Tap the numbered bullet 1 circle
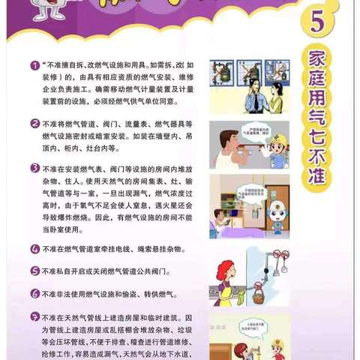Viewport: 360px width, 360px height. pyautogui.click(x=35, y=65)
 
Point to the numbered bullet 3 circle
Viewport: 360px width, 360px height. pyautogui.click(x=35, y=169)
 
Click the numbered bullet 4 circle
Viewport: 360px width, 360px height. pyautogui.click(x=35, y=248)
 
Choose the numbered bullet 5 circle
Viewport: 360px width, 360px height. pyautogui.click(x=35, y=271)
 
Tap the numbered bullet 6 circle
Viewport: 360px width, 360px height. pyautogui.click(x=35, y=293)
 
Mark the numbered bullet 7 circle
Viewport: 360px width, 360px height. pyautogui.click(x=35, y=316)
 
